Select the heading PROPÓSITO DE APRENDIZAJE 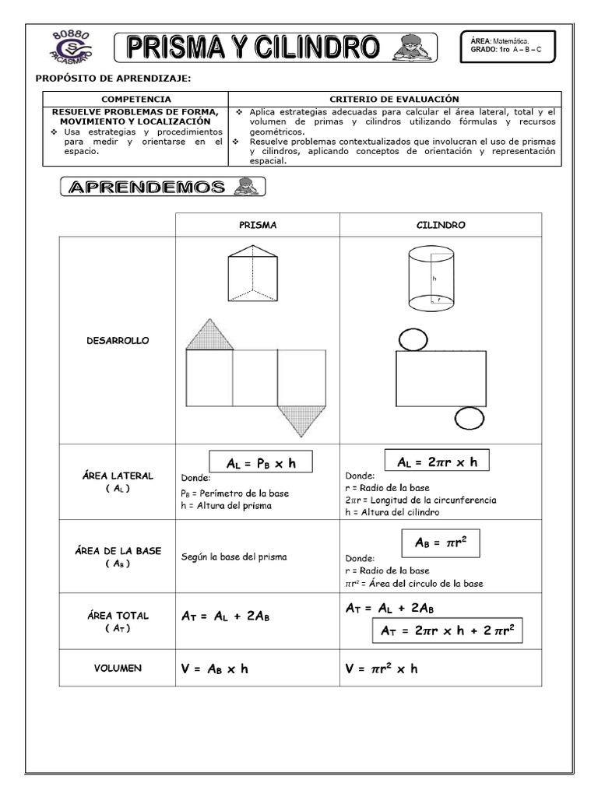(113, 79)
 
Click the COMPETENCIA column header (135, 99)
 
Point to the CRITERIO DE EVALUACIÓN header (394, 99)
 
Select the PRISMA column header (257, 225)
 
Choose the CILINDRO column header (441, 225)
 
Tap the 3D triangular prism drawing (254, 272)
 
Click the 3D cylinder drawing (431, 278)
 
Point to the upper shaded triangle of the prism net (209, 335)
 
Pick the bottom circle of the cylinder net (469, 419)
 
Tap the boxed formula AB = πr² (440, 542)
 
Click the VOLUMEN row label (118, 668)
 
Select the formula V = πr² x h (382, 668)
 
